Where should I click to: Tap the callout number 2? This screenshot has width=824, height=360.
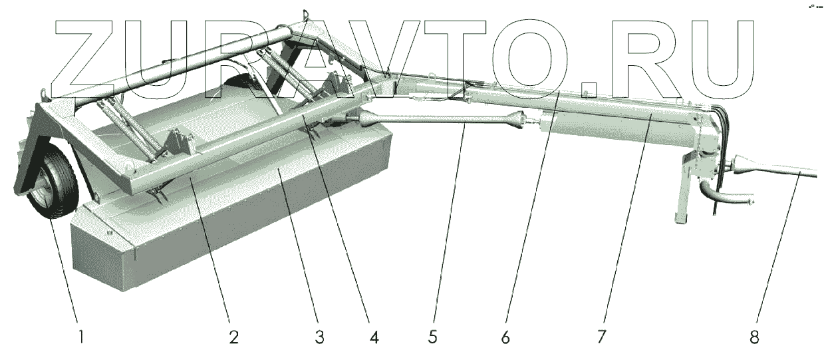233,337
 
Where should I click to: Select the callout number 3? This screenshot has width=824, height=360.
320,337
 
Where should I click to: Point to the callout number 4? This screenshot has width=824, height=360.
374,337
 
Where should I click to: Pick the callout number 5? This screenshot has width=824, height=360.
433,337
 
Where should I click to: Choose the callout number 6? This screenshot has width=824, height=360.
506,337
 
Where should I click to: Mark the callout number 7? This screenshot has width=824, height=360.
601,337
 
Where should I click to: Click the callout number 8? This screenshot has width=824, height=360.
754,337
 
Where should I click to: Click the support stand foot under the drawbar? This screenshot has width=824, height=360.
680,217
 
